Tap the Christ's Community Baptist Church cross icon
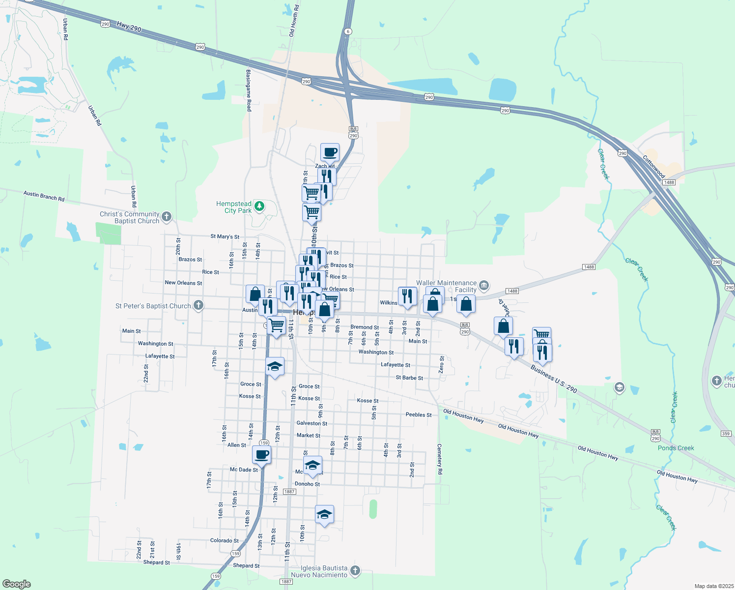(167, 216)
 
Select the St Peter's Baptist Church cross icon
(198, 305)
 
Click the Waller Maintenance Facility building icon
(484, 285)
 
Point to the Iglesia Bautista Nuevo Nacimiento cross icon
(355, 571)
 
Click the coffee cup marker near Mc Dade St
(261, 454)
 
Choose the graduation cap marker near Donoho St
(312, 465)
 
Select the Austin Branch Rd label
(44, 196)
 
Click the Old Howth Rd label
(293, 21)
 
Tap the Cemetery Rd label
(440, 459)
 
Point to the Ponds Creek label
(676, 448)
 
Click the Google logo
(16, 584)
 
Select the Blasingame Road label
(249, 90)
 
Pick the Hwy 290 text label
(129, 27)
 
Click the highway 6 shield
(348, 31)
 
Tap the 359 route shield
(726, 434)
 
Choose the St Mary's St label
(225, 236)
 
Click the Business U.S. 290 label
(554, 379)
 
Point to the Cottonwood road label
(654, 167)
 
